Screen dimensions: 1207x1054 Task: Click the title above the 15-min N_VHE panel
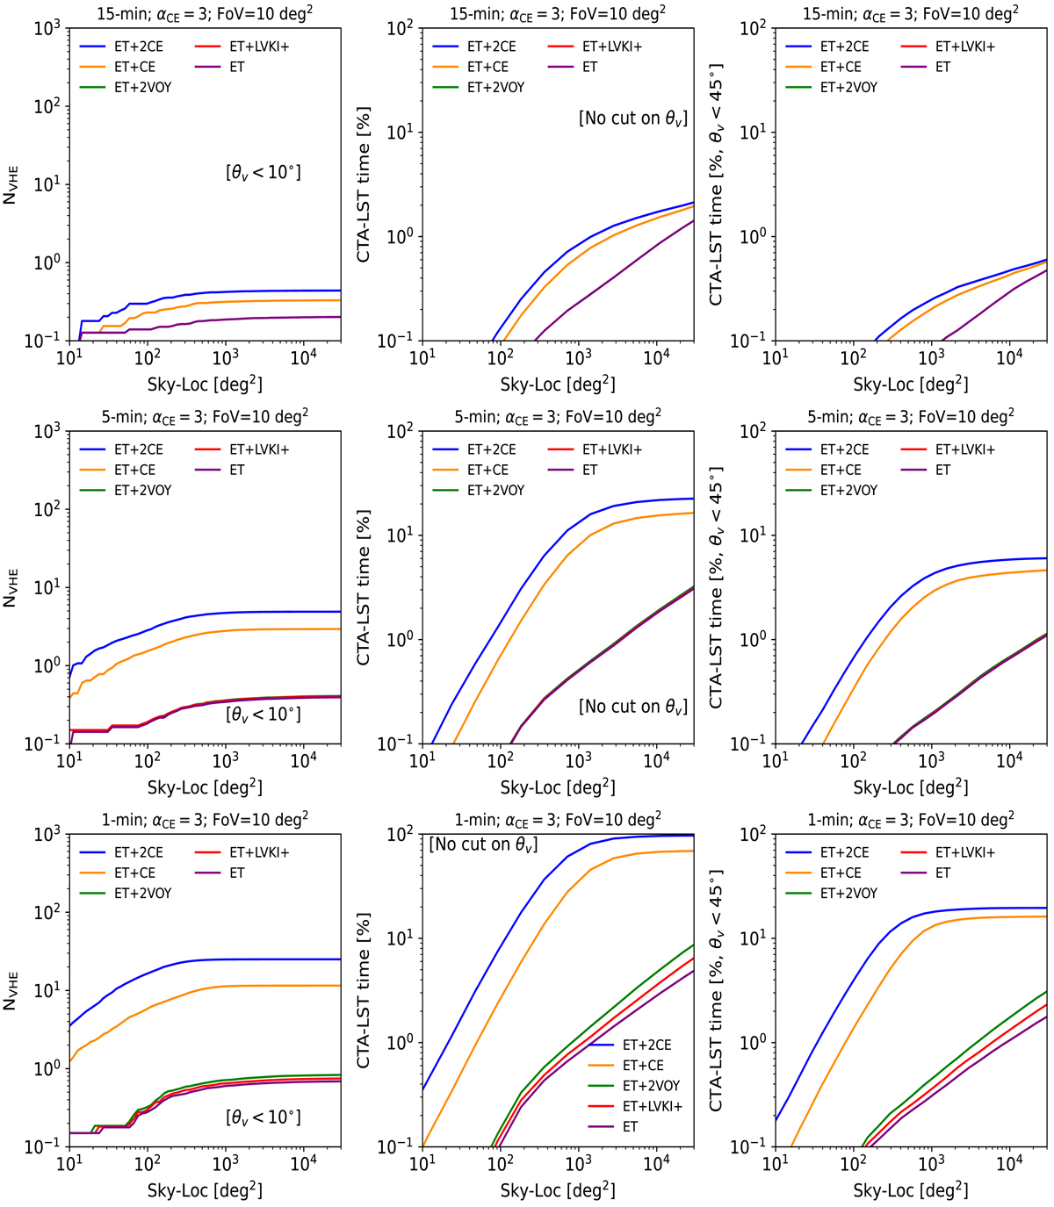[205, 13]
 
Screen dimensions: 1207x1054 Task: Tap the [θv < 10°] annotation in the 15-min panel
[263, 172]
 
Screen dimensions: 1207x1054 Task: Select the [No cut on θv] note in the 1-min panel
[483, 844]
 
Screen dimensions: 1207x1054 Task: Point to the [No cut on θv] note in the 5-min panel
[632, 707]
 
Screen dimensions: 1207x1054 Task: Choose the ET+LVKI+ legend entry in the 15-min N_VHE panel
[259, 47]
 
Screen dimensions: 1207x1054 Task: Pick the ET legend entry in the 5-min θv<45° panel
[942, 470]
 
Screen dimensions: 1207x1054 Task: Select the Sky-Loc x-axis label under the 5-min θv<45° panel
[911, 787]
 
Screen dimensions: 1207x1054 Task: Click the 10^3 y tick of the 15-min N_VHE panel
[46, 28]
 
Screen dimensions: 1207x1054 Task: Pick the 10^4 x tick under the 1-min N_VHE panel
[303, 1164]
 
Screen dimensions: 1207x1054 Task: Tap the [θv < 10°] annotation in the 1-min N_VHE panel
[263, 1117]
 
